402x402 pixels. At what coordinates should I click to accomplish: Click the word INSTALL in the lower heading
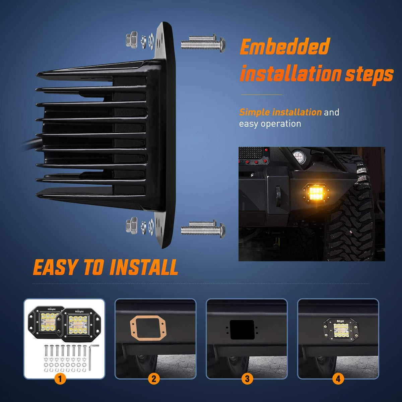point(144,267)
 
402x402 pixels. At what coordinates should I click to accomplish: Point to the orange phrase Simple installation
point(280,112)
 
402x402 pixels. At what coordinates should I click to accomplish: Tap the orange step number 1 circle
point(60,378)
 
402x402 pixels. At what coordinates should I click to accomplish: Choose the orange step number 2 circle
point(154,378)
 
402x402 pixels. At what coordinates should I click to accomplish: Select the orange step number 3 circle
point(247,378)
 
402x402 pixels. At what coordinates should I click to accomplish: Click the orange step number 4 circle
point(338,378)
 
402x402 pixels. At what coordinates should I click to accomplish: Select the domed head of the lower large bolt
point(222,230)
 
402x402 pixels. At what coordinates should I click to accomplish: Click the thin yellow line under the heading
point(261,94)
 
